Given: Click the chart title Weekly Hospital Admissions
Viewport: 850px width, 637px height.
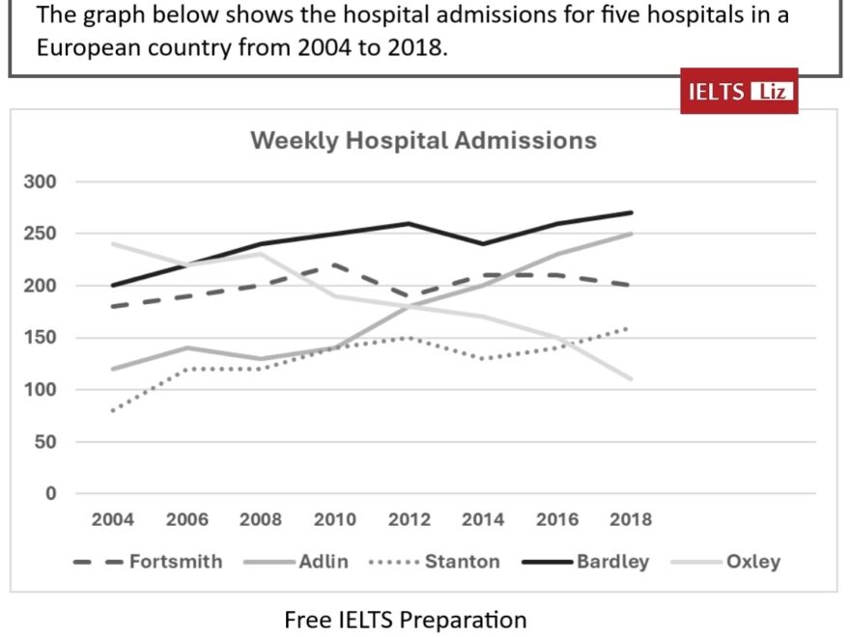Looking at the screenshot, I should pyautogui.click(x=423, y=141).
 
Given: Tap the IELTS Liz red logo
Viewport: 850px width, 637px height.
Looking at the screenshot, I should pyautogui.click(x=739, y=92).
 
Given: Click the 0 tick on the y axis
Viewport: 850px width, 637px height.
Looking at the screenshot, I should pyautogui.click(x=52, y=494).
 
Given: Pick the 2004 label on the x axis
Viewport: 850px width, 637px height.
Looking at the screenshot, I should pyautogui.click(x=112, y=519).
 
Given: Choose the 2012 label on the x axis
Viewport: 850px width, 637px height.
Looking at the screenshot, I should pyautogui.click(x=409, y=519).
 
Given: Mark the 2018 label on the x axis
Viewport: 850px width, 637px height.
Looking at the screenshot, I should pyautogui.click(x=631, y=519).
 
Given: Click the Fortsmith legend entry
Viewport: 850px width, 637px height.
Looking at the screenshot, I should pyautogui.click(x=176, y=562).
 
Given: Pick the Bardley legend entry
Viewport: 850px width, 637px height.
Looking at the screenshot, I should pyautogui.click(x=612, y=562).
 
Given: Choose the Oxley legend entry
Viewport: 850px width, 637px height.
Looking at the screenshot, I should pyautogui.click(x=752, y=562).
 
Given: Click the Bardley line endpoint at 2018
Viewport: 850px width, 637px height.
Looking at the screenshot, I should pyautogui.click(x=631, y=212).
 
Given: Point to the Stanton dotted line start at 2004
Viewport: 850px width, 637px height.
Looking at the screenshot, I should pyautogui.click(x=113, y=410).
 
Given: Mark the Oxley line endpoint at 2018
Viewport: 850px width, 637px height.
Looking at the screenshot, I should pyautogui.click(x=631, y=379).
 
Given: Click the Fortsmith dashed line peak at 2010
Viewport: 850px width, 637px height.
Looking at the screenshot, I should pyautogui.click(x=335, y=264).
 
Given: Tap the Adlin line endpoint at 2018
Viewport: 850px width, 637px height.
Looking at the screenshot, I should pyautogui.click(x=631, y=234).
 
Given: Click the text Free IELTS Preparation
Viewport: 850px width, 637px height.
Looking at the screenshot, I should pyautogui.click(x=406, y=619).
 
